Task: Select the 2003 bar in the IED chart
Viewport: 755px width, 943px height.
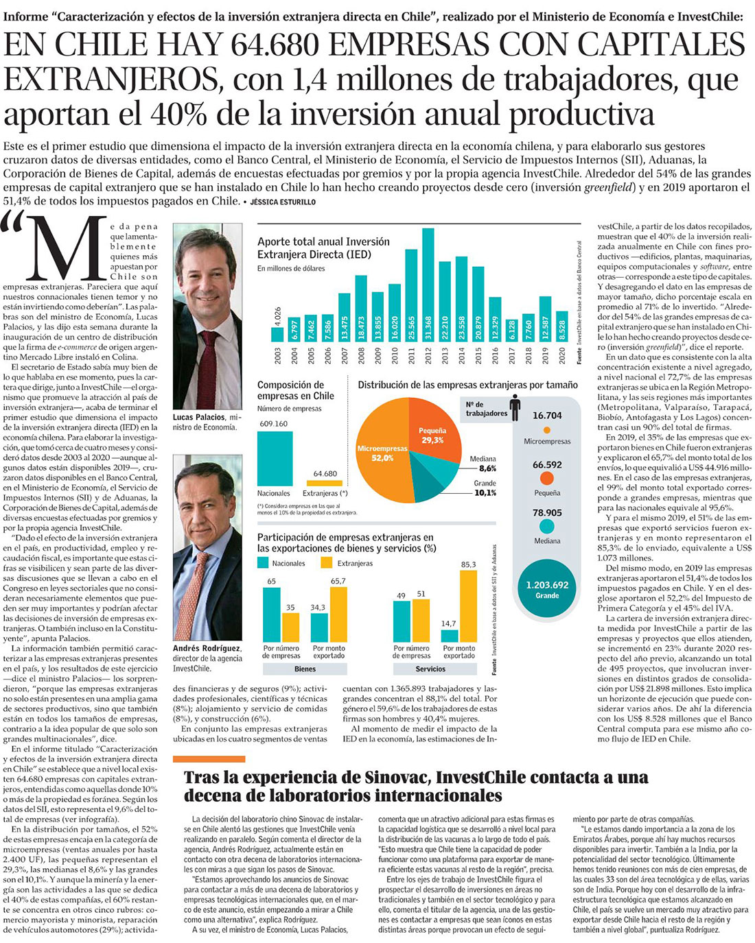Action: click(x=277, y=334)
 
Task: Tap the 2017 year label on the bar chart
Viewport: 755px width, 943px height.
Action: click(x=511, y=355)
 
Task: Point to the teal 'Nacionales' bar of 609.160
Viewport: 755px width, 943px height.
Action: click(x=273, y=459)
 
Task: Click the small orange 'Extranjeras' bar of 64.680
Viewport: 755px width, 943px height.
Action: click(x=325, y=483)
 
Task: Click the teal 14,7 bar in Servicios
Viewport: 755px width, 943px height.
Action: click(x=449, y=636)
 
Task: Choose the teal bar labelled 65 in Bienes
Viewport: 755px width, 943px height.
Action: click(x=272, y=614)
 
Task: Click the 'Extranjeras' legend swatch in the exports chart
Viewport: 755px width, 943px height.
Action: click(x=327, y=563)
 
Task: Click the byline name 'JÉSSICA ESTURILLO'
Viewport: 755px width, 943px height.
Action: click(x=281, y=202)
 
